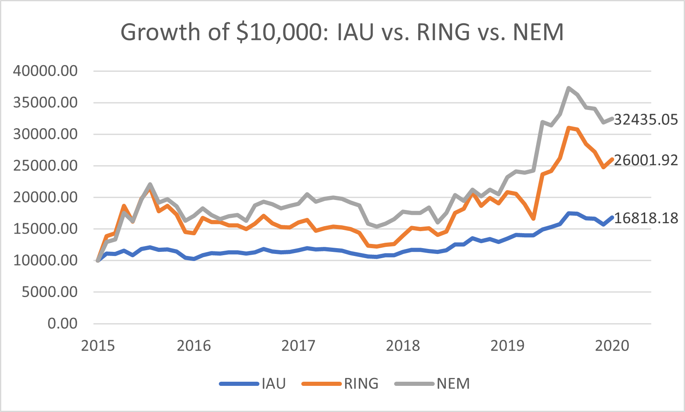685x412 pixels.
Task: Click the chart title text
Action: (x=342, y=32)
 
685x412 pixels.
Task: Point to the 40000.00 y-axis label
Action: (x=45, y=71)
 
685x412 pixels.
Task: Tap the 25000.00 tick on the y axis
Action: (x=45, y=166)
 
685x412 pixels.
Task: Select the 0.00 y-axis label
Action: (x=62, y=323)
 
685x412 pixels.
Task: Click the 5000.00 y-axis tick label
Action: (x=49, y=292)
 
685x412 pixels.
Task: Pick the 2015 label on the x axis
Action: (x=98, y=346)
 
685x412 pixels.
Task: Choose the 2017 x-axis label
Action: (x=298, y=346)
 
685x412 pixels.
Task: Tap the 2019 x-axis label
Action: (x=507, y=346)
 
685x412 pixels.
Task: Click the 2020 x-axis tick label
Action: (x=612, y=346)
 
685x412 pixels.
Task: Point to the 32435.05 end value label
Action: (x=646, y=119)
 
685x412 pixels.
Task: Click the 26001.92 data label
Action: (x=646, y=160)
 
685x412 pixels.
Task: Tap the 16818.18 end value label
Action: (x=646, y=218)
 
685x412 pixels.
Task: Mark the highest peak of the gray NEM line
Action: (x=569, y=88)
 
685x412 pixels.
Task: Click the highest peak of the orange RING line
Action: (x=569, y=128)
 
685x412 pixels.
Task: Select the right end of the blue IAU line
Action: (x=612, y=217)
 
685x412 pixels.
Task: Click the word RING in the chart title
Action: (x=443, y=32)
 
